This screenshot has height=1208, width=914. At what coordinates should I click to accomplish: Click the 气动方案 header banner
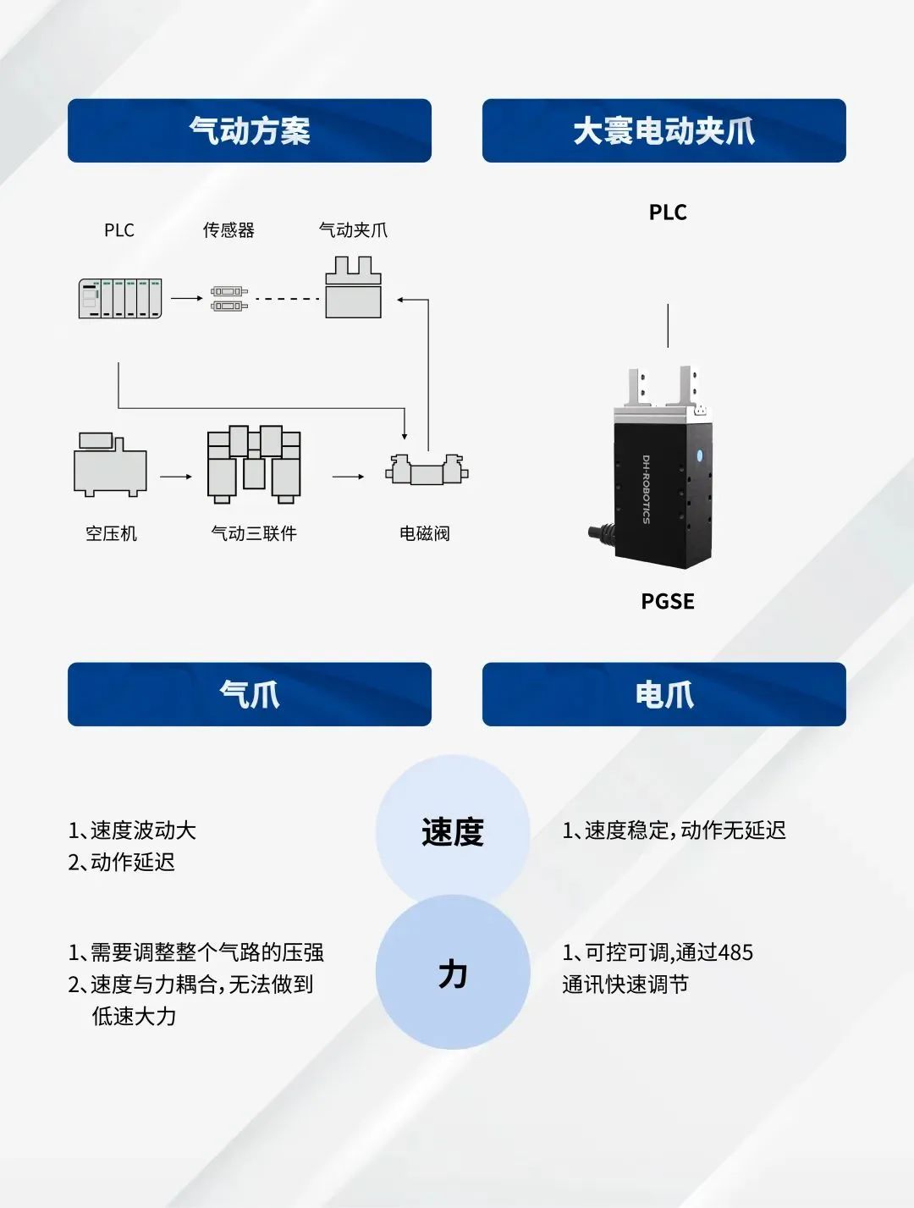249,130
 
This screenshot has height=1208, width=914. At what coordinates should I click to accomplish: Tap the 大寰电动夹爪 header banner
663,130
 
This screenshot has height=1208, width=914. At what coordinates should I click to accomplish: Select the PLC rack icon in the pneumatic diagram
120,298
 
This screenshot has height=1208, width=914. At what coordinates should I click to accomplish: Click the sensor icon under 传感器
228,298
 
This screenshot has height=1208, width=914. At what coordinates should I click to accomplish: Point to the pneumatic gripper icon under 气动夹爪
354,288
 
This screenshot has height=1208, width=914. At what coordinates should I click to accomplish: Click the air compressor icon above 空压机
110,465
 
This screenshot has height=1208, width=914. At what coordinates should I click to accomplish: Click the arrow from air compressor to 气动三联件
176,477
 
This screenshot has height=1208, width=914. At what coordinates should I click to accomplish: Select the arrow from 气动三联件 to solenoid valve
348,477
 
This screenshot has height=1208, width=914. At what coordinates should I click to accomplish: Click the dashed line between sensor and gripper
287,298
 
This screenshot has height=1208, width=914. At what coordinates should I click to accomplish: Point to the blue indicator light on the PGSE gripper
699,455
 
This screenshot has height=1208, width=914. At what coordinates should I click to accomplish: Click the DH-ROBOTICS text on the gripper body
646,489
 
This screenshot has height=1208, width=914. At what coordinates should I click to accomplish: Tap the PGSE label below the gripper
667,601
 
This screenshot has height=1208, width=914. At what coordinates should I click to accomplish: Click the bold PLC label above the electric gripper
667,212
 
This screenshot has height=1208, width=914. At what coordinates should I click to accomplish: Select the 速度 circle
453,831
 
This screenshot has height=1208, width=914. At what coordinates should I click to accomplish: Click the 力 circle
453,974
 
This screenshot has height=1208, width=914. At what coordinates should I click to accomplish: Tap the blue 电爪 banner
663,694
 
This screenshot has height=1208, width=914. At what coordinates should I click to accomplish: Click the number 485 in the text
735,952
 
